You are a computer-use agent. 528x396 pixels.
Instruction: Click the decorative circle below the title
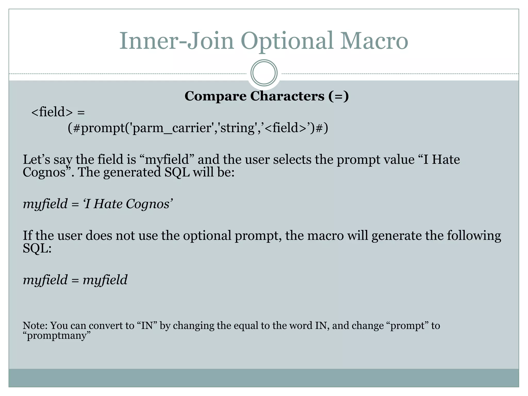[264, 73]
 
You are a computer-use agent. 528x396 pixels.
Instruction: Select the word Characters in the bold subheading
[287, 96]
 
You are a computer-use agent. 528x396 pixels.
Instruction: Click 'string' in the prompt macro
[238, 128]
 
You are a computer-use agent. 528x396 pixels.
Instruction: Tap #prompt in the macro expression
[99, 128]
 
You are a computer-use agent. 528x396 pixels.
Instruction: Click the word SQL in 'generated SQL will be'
[177, 172]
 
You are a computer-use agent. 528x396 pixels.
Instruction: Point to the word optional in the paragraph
[207, 236]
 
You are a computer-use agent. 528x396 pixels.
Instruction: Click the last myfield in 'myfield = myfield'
[105, 280]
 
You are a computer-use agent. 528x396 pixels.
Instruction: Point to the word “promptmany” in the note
[57, 336]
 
